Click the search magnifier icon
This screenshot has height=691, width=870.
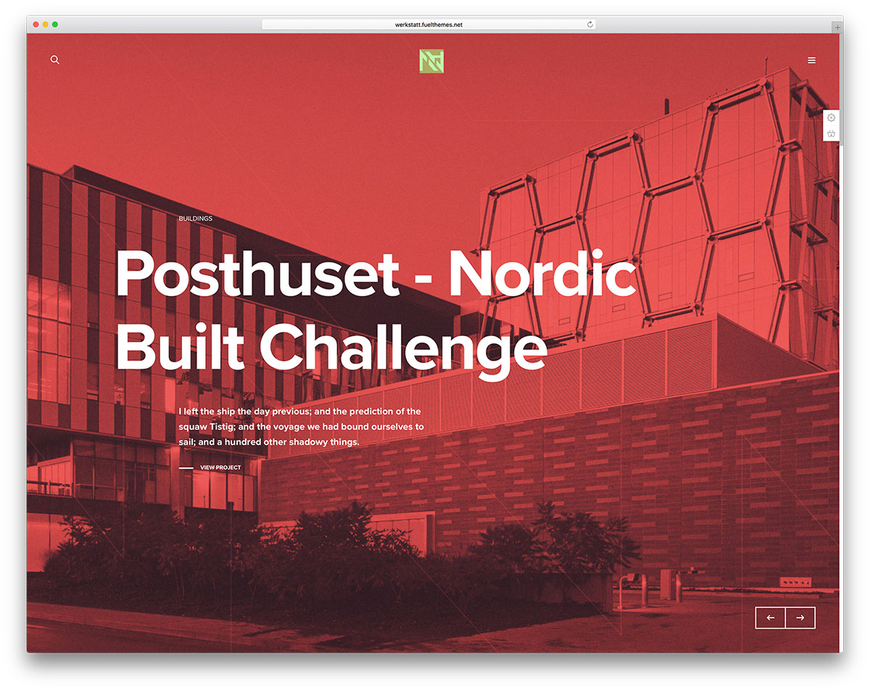pyautogui.click(x=55, y=60)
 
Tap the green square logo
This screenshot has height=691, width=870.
pyautogui.click(x=431, y=61)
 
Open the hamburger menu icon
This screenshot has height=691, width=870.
pyautogui.click(x=811, y=60)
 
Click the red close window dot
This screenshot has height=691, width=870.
pyautogui.click(x=36, y=24)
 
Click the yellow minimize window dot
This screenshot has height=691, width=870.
pyautogui.click(x=45, y=24)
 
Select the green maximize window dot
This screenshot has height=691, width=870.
pyautogui.click(x=55, y=24)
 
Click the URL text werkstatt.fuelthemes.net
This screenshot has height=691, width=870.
pyautogui.click(x=428, y=25)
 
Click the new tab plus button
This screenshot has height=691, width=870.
pyautogui.click(x=837, y=28)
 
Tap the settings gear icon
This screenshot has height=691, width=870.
pyautogui.click(x=831, y=117)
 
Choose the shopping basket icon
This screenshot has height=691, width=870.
pyautogui.click(x=831, y=133)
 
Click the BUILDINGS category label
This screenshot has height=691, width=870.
pyautogui.click(x=196, y=218)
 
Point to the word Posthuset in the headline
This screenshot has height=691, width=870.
pyautogui.click(x=257, y=273)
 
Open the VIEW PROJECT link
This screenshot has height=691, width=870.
pyautogui.click(x=220, y=468)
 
